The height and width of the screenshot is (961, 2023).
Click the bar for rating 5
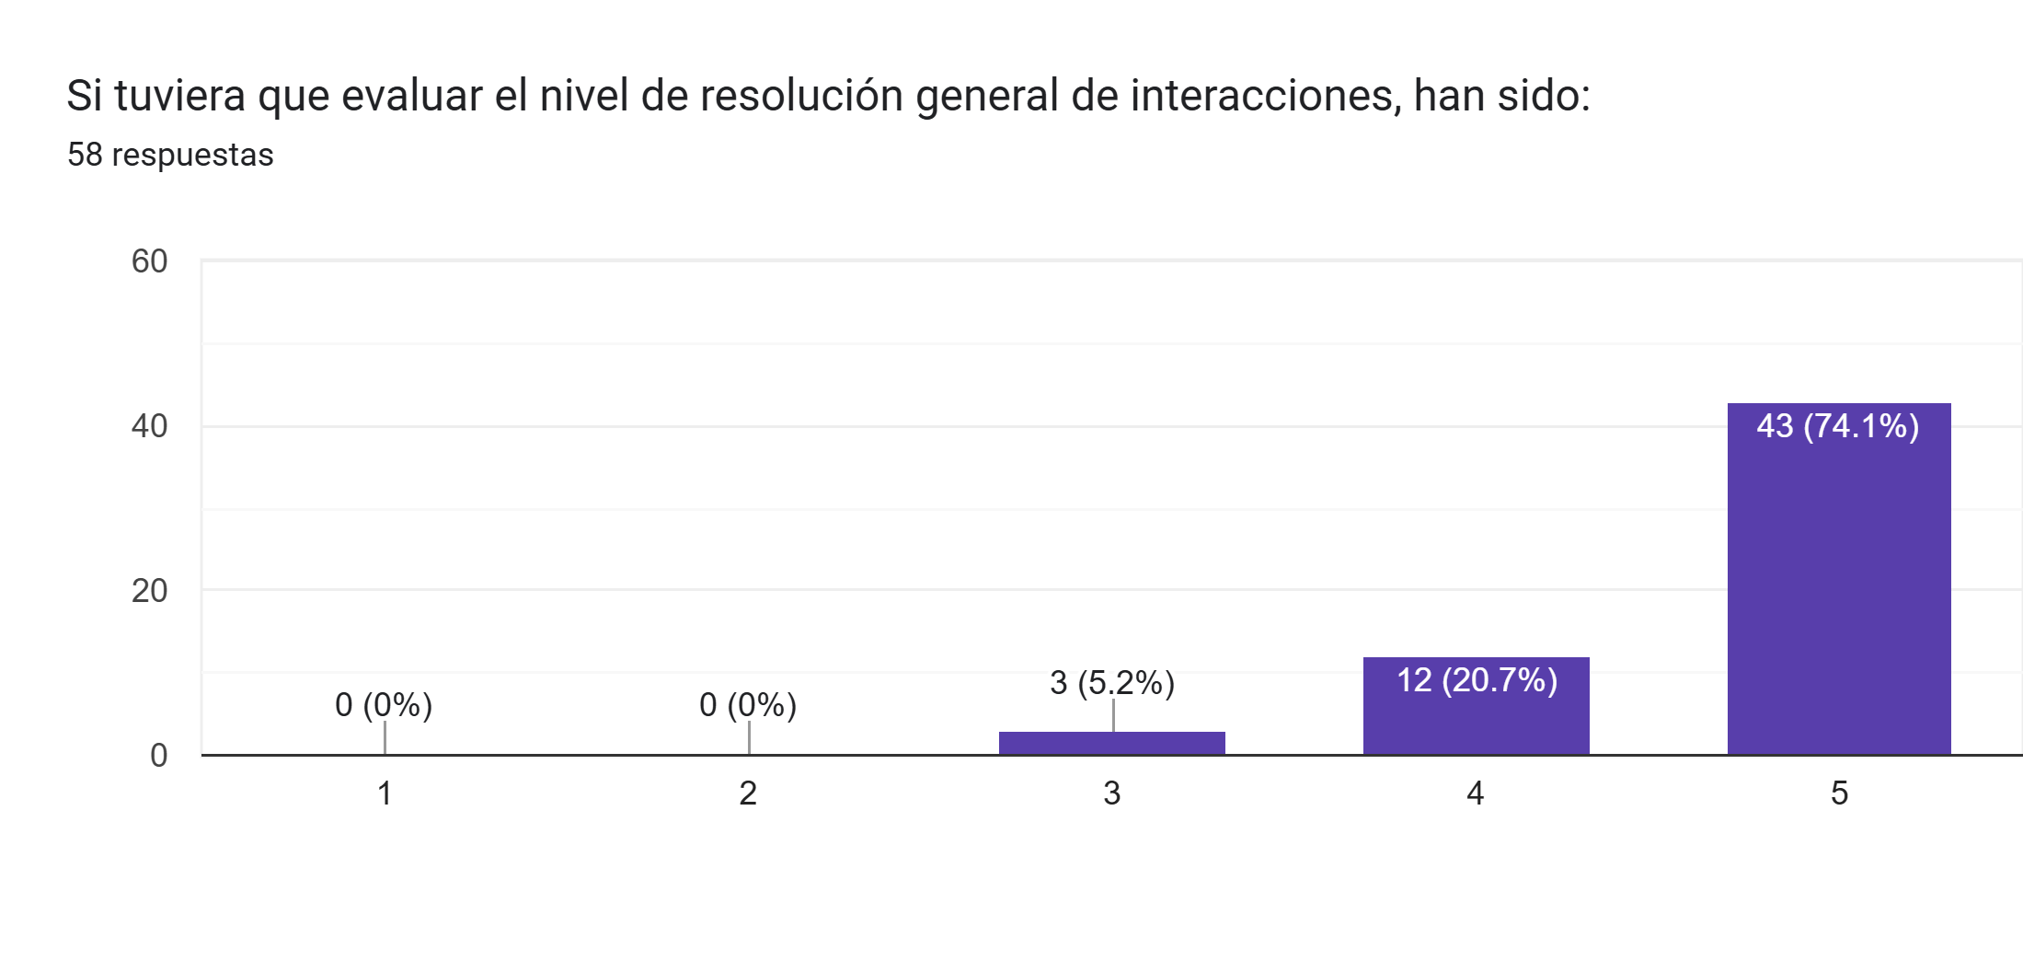1838,589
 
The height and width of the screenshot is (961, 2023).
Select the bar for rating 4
1476,718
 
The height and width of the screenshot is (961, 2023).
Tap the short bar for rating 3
1111,743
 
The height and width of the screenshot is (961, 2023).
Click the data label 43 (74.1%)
1837,426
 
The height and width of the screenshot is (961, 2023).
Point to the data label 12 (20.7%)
1477,680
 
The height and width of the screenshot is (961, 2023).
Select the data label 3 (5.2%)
1111,683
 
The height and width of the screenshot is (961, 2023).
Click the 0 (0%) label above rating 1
384,705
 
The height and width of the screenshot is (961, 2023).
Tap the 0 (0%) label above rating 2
747,705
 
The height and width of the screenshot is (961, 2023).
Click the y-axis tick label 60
149,261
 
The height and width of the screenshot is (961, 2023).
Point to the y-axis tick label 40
149,426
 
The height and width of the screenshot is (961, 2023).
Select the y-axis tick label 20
149,591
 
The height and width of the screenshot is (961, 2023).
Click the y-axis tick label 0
158,756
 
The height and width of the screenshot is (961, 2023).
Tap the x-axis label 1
385,793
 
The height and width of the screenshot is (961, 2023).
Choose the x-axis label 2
748,793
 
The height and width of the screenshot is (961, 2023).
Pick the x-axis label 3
1111,793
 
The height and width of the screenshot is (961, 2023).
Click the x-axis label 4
1475,793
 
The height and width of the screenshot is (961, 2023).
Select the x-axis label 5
1839,793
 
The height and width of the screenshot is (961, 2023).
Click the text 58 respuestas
170,155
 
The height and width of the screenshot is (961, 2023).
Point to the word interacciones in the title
1266,96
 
